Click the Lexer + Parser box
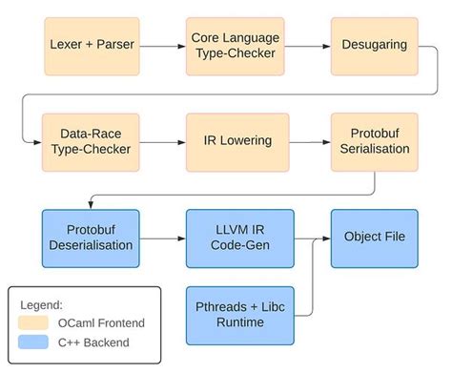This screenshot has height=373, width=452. click(x=78, y=45)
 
